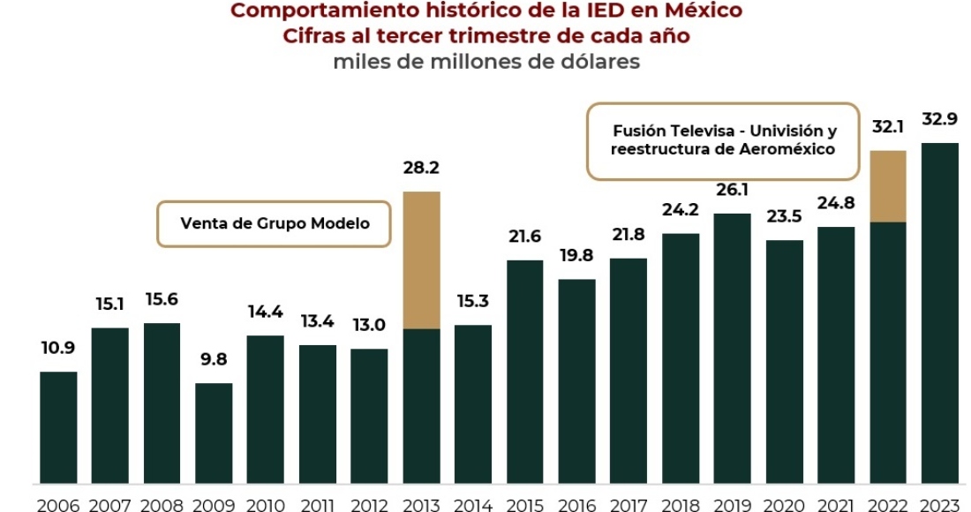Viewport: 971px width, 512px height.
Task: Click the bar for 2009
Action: tap(214, 433)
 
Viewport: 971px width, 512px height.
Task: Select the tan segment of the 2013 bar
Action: tap(421, 260)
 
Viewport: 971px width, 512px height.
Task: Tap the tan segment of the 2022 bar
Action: tap(888, 186)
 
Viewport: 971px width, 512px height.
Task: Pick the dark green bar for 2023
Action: tap(939, 312)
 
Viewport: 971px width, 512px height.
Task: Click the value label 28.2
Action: tap(421, 168)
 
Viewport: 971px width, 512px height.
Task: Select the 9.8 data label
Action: tap(214, 360)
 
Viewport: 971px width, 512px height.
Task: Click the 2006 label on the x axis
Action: tap(58, 503)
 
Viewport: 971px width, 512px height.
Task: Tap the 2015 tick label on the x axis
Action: tap(525, 503)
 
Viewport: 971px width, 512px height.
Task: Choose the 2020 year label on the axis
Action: tap(784, 503)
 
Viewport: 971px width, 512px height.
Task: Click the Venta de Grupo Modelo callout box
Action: tap(275, 223)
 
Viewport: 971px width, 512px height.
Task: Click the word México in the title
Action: tap(702, 11)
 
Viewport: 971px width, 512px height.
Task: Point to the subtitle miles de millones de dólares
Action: tap(486, 62)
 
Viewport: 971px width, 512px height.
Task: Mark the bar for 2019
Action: tap(732, 348)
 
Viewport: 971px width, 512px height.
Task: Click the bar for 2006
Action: tap(58, 427)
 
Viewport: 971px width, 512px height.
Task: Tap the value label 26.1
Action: tap(732, 190)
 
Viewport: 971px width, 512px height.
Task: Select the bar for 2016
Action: tap(576, 381)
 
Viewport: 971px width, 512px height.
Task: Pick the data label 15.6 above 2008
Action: tap(162, 300)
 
